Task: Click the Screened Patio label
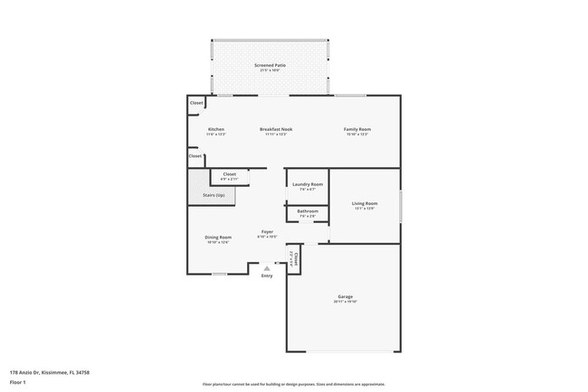tap(270, 66)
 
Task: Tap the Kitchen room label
tap(216, 129)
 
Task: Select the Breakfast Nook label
tap(276, 129)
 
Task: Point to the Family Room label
tap(357, 129)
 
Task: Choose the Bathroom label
tap(307, 211)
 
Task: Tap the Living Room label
tap(365, 204)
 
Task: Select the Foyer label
tap(268, 232)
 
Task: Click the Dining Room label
tap(218, 238)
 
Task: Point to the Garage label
tap(345, 297)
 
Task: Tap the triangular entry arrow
tap(266, 268)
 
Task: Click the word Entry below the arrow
tap(266, 275)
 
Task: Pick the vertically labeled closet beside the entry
tap(293, 259)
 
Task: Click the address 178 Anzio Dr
tap(50, 372)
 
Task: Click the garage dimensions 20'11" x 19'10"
tap(345, 303)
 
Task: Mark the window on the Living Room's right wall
tap(400, 206)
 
